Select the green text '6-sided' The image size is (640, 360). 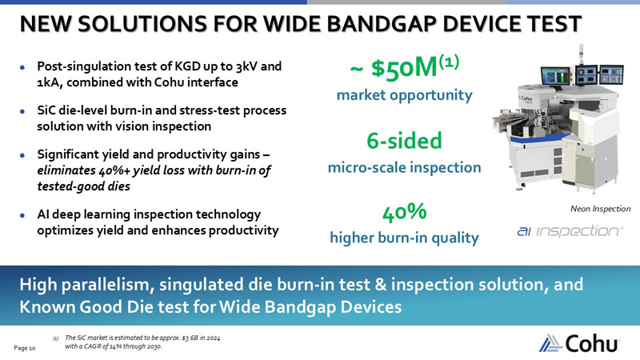pyautogui.click(x=404, y=142)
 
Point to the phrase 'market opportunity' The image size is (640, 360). pyautogui.click(x=404, y=96)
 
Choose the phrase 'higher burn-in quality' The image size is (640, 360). pyautogui.click(x=404, y=238)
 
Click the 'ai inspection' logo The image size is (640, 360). pyautogui.click(x=569, y=232)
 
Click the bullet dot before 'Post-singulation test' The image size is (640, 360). pyautogui.click(x=25, y=66)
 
